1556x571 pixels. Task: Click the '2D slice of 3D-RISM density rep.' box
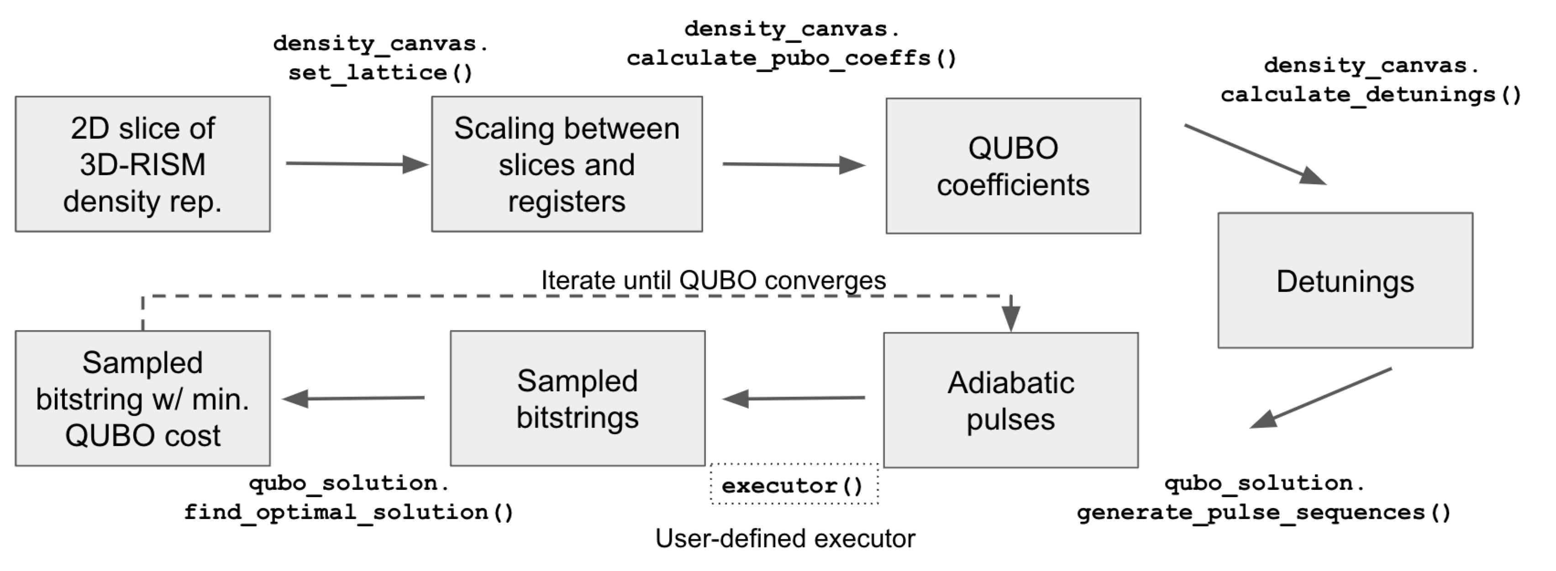coord(142,164)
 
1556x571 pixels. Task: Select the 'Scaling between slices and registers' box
coord(567,164)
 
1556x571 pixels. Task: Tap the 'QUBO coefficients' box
coord(1013,166)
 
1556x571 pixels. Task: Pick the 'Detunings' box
coord(1345,280)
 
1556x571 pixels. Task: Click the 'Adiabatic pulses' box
coord(1010,400)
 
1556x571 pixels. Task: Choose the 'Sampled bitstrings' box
coord(578,398)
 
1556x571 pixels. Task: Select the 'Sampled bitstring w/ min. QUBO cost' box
coord(142,398)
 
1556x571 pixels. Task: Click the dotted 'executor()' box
coord(794,485)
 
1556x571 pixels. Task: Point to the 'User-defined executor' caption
coord(785,539)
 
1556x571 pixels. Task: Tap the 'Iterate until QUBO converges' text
coord(713,280)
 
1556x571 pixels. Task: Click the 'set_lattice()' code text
coord(380,73)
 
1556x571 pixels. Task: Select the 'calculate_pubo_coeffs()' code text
coord(791,58)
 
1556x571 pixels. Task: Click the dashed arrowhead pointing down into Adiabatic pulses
coord(1010,317)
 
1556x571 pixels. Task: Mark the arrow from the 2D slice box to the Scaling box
coord(357,164)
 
